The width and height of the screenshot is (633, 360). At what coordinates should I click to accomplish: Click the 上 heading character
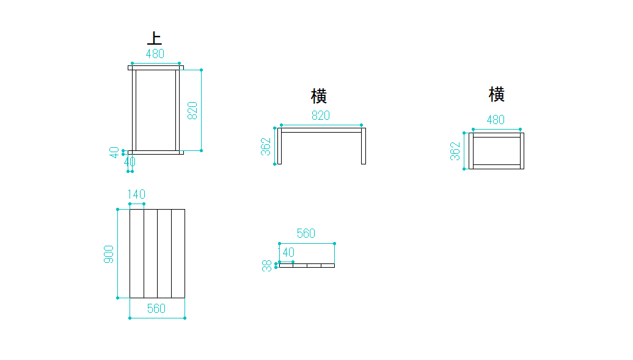coord(155,38)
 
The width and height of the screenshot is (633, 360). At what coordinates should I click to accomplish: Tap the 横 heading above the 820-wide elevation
coord(319,96)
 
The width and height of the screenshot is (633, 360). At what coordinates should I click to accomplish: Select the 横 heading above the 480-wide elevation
coord(496,94)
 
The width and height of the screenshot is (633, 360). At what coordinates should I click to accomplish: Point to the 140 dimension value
coord(137,194)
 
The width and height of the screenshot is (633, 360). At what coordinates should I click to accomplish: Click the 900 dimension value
coord(109,254)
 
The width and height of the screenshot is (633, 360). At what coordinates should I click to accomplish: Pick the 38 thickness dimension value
coord(267,266)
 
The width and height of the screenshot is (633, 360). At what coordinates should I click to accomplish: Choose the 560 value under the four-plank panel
coord(156,309)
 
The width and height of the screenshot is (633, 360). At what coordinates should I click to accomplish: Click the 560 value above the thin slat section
coord(306,233)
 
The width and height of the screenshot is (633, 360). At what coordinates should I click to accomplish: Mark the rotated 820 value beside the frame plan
coord(192,110)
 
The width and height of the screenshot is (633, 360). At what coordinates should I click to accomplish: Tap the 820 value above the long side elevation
coord(321,116)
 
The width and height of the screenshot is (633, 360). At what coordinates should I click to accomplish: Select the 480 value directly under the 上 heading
coord(155,54)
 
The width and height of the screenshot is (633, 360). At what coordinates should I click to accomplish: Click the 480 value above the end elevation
coord(496,120)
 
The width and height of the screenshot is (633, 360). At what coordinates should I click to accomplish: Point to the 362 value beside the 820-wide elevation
coord(266,147)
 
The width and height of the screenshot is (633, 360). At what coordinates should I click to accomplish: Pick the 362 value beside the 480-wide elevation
coord(455,151)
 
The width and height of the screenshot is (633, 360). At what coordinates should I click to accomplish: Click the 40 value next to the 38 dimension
coord(287,252)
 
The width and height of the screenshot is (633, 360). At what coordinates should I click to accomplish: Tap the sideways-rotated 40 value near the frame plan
coord(114,152)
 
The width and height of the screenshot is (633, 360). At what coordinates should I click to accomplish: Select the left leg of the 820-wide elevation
coord(279,146)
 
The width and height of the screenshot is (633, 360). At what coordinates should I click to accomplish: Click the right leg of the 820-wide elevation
coord(364,146)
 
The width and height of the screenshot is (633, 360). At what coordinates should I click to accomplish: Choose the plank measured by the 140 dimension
coord(137,254)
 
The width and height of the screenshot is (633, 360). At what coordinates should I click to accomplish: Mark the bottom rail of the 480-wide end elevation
coord(496,166)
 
